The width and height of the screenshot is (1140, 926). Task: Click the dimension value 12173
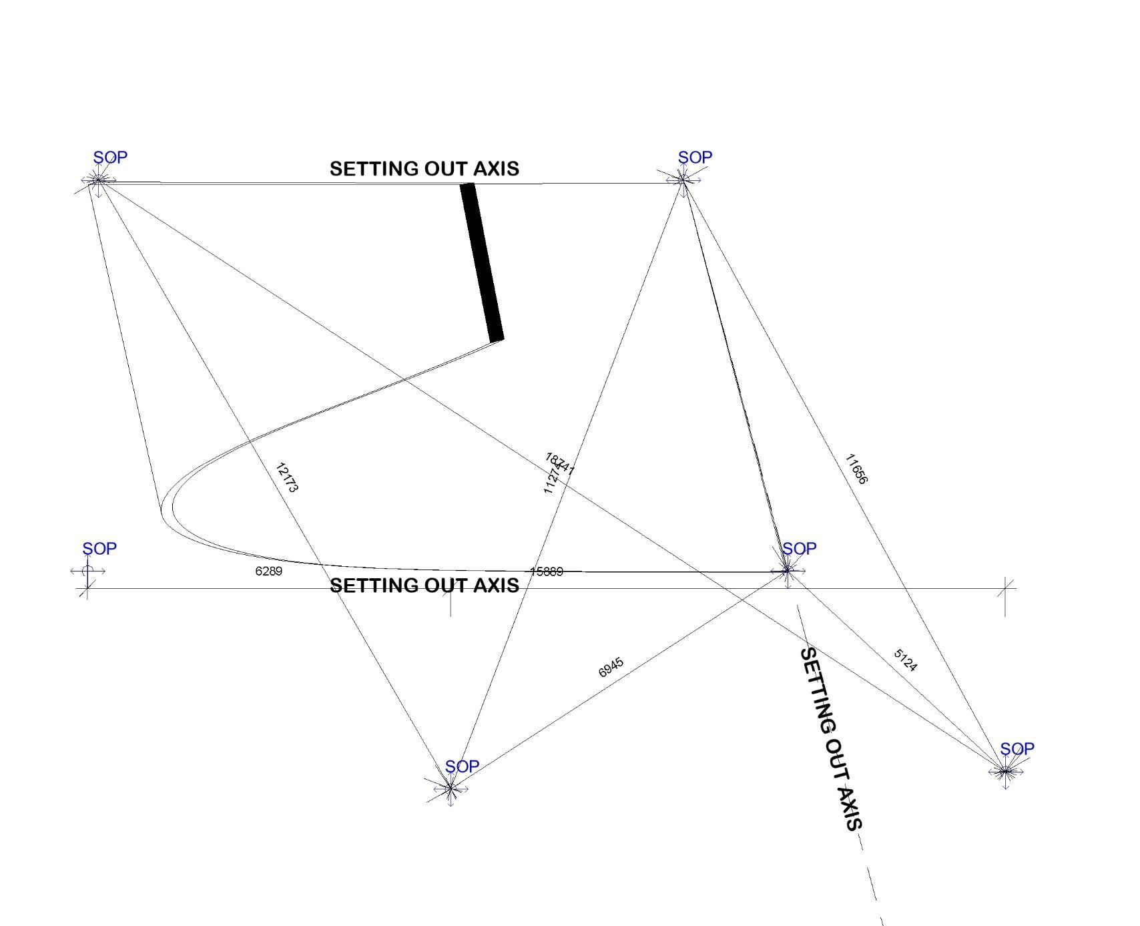pos(286,477)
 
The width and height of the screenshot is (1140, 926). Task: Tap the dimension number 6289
pos(269,571)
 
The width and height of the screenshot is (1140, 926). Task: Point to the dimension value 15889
pos(547,571)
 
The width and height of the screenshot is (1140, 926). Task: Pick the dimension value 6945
pos(611,667)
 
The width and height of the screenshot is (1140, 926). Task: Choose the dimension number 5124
pos(905,660)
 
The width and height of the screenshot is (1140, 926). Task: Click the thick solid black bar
pos(482,262)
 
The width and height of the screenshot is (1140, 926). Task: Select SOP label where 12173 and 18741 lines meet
pos(110,158)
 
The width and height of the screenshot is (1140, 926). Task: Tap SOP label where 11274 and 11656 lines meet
pos(695,158)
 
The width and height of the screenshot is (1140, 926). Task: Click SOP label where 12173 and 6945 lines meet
pos(462,766)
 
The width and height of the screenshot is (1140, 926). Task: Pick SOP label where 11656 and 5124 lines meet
pos(1017,749)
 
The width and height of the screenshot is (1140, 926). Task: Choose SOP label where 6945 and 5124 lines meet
pos(799,549)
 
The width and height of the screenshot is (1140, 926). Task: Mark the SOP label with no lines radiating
pos(99,549)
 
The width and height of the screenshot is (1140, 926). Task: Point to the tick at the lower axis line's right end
pos(1006,589)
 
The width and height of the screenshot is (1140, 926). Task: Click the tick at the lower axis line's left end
pos(87,589)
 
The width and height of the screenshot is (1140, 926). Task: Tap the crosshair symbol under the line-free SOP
pos(87,571)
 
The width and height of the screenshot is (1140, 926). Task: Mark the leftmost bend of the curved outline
pos(162,513)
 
